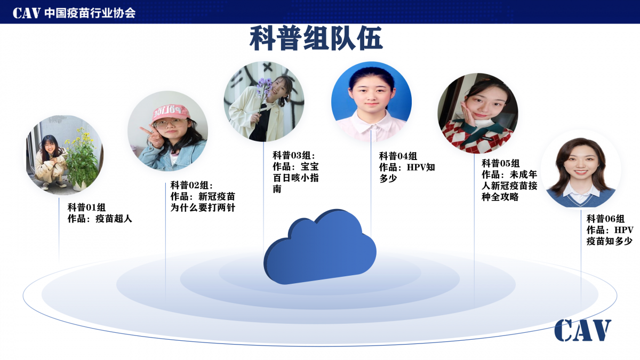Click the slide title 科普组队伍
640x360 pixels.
316,38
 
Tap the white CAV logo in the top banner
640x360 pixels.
26,13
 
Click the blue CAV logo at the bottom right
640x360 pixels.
583,330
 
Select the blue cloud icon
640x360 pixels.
319,247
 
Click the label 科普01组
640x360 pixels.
86,207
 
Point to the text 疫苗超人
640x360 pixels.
114,219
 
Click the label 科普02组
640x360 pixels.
191,185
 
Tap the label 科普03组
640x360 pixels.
293,155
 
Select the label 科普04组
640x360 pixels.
398,156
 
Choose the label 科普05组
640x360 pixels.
501,163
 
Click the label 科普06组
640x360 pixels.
605,219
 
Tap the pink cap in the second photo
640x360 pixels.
171,113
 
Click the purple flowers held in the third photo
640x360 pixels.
264,87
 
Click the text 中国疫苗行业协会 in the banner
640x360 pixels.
90,13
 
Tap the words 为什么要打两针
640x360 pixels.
203,207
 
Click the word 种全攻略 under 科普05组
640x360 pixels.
500,197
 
